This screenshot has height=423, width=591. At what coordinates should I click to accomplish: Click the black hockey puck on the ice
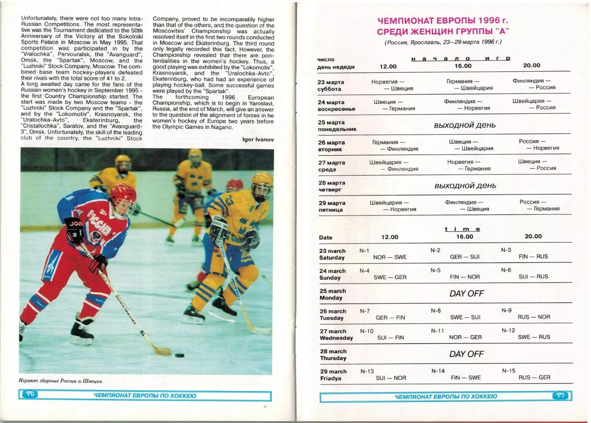pos(179,356)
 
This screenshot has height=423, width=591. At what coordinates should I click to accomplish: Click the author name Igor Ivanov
pos(258,140)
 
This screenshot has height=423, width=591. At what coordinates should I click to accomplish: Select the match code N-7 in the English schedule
pos(365,311)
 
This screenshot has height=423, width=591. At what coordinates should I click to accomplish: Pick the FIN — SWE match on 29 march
pos(466,378)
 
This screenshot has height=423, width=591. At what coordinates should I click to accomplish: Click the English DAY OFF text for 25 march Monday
pos(466,294)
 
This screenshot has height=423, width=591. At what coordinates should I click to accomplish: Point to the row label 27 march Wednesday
pos(336,335)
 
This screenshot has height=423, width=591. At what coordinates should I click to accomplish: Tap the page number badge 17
pos(561,395)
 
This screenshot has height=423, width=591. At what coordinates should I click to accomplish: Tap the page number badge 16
pos(30,394)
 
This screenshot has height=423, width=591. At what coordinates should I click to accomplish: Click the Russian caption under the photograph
pos(61,381)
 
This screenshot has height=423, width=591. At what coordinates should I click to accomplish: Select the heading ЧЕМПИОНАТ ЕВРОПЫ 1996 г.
pos(443,21)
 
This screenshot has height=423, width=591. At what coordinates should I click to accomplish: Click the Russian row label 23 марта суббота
pos(331,86)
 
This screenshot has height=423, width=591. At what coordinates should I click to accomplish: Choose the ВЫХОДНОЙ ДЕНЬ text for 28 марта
pos(465,186)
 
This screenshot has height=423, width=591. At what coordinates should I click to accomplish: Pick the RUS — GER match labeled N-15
pos(534,378)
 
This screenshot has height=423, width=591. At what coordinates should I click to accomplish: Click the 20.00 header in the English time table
pos(533,237)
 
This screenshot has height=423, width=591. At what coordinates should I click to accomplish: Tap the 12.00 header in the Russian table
pos(388,67)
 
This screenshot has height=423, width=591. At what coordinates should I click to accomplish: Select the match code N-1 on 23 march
pos(364,251)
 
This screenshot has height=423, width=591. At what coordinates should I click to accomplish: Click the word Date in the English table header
pos(325,237)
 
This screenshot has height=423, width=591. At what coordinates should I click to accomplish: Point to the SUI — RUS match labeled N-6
pos(533,277)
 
